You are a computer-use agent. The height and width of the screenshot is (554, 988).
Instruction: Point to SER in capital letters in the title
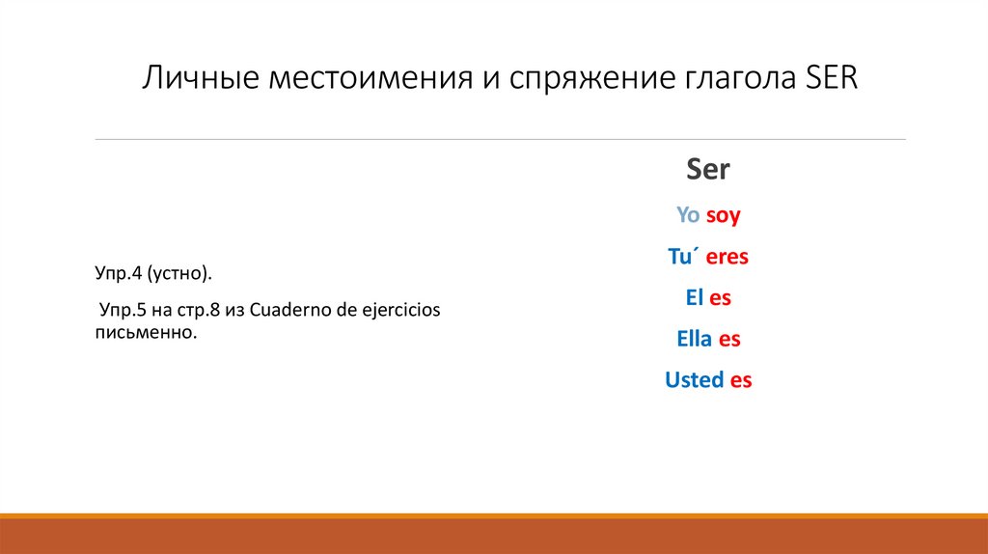[x=830, y=77]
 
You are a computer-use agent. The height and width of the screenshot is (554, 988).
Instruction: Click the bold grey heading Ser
[x=707, y=170]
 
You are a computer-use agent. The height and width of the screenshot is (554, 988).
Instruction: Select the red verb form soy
[x=723, y=216]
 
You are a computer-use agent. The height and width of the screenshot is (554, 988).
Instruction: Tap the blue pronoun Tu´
[x=684, y=257]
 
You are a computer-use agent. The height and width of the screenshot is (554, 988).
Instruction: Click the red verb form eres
[x=727, y=257]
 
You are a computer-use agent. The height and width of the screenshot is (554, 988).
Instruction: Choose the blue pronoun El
[x=694, y=298]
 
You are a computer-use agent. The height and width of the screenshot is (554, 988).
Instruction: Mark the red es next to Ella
[x=729, y=339]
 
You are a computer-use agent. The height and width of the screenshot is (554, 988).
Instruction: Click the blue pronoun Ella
[x=695, y=339]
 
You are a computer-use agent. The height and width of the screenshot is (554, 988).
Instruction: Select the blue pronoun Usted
[x=694, y=380]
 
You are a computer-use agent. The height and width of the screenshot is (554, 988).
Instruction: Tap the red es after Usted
[x=741, y=380]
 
